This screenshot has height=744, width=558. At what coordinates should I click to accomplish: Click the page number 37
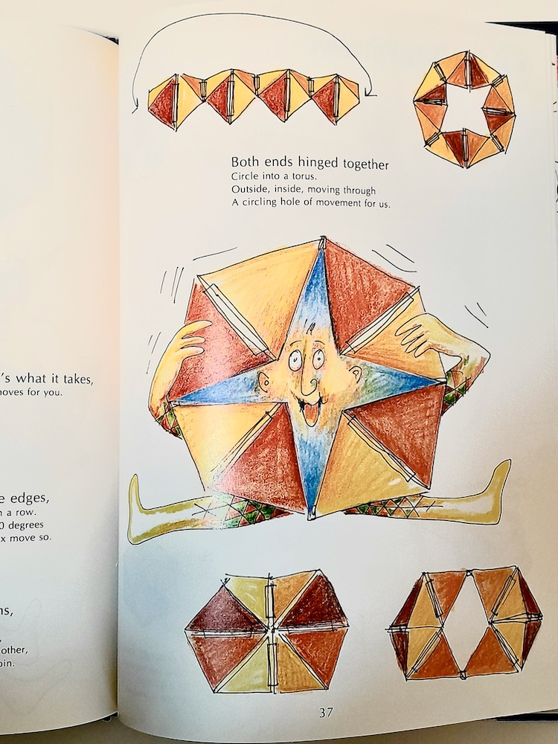pyautogui.click(x=326, y=712)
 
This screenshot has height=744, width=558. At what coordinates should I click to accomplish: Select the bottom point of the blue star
pyautogui.click(x=312, y=513)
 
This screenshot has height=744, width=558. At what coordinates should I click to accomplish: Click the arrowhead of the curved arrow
pyautogui.click(x=135, y=109)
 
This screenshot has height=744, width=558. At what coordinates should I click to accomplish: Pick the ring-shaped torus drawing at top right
pyautogui.click(x=463, y=109)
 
